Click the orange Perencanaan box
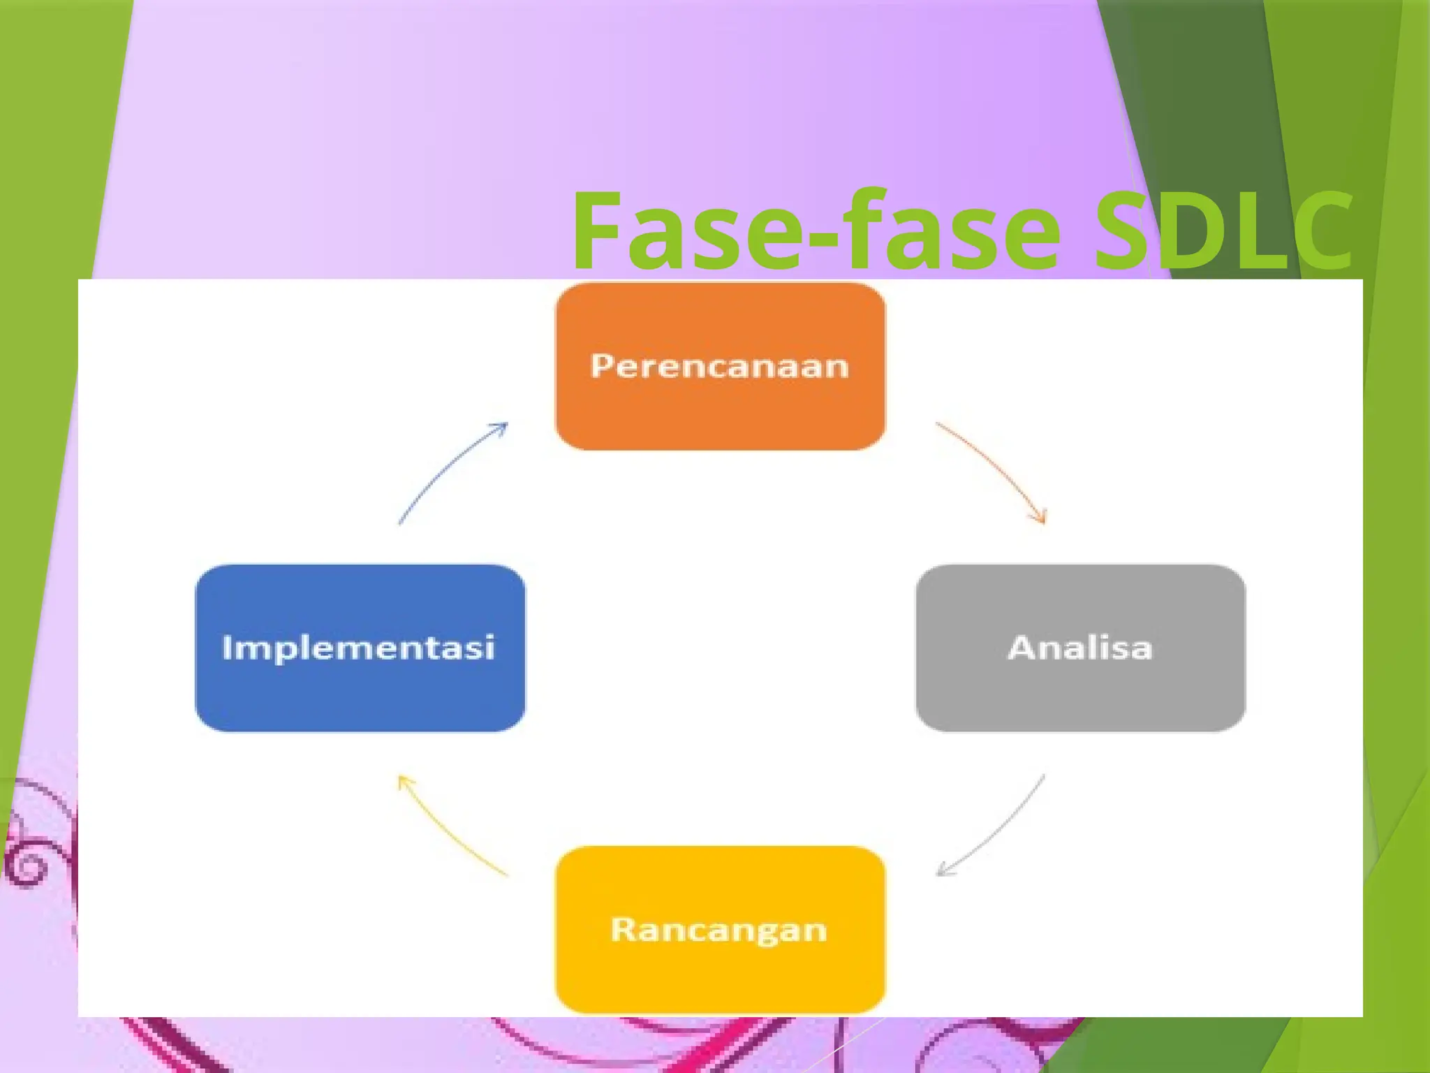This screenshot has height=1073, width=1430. tap(720, 412)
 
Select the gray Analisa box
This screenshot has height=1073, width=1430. tap(1080, 692)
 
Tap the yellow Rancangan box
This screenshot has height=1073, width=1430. tap(720, 975)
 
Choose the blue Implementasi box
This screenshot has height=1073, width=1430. tap(360, 692)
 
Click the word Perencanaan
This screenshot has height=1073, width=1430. tap(720, 366)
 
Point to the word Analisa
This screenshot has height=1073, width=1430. tap(1080, 648)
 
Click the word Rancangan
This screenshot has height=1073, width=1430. tap(719, 930)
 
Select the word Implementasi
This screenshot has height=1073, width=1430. tap(358, 648)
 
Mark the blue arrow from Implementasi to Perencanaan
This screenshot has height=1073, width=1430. tap(447, 468)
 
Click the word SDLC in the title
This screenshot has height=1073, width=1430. tap(1222, 231)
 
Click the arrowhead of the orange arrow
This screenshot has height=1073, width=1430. tap(1040, 517)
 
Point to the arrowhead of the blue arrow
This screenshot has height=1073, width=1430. tap(501, 427)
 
